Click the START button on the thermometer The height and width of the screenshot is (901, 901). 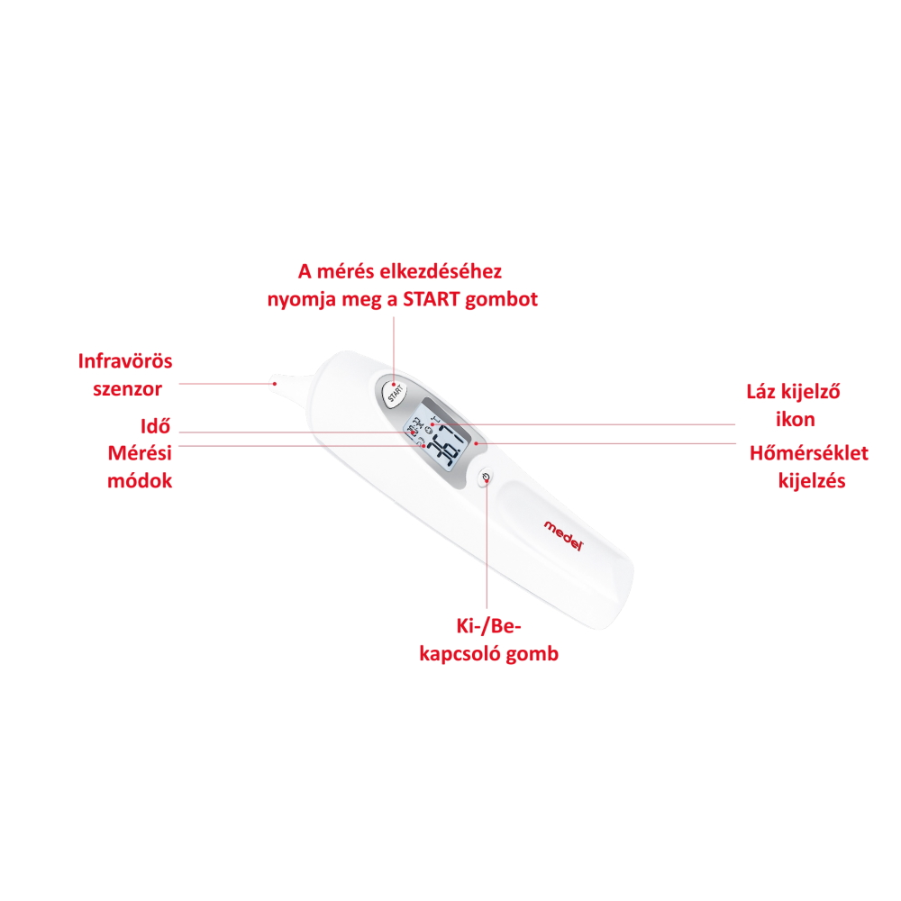(x=395, y=393)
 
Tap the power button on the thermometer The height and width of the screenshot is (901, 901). (x=486, y=478)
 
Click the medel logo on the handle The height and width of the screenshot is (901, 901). (x=563, y=535)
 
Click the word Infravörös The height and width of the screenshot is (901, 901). (x=125, y=361)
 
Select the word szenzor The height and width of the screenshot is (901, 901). (x=128, y=389)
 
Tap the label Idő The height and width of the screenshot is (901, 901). (x=156, y=426)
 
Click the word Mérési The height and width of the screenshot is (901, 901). (x=140, y=453)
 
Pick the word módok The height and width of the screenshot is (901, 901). (x=140, y=480)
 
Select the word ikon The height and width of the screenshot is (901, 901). (x=796, y=419)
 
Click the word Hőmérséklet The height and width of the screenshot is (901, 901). (x=809, y=453)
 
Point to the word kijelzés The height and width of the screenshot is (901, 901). (x=812, y=480)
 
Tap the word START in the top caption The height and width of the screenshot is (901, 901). (x=432, y=299)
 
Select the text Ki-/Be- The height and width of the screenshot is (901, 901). (x=488, y=626)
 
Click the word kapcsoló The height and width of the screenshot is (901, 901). (x=460, y=654)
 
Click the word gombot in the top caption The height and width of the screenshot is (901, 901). (x=502, y=299)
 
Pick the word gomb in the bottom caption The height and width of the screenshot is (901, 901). (x=533, y=654)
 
